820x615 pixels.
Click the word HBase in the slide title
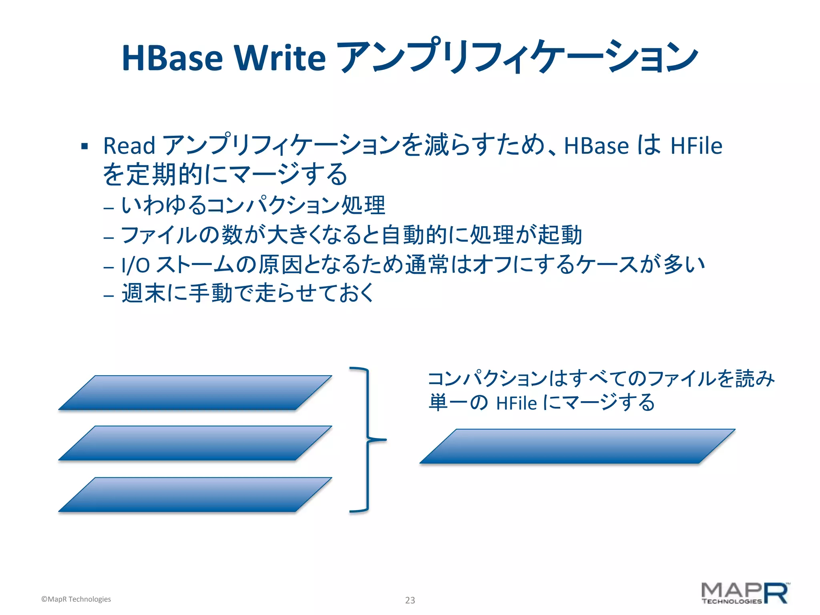[x=172, y=58]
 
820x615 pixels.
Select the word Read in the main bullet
[x=129, y=145]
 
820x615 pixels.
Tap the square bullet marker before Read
[x=84, y=146]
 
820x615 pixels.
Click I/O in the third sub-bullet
[x=135, y=265]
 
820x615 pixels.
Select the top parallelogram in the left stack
[x=195, y=393]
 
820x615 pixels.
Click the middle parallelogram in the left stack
[x=195, y=443]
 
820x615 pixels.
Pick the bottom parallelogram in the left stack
[x=195, y=494]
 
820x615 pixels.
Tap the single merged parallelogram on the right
[x=577, y=446]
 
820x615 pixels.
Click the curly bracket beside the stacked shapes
[x=368, y=440]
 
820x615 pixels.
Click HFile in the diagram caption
[x=516, y=403]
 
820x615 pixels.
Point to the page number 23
[x=410, y=600]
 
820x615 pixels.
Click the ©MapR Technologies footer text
[x=76, y=599]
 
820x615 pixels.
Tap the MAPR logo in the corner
[x=745, y=593]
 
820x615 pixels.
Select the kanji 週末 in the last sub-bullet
[x=144, y=293]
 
